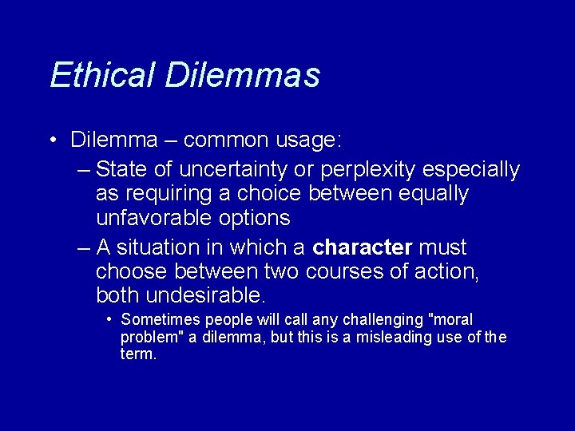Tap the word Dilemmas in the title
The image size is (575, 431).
(243, 75)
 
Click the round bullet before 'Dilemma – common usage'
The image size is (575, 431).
(53, 140)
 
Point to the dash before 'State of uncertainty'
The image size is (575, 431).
(85, 170)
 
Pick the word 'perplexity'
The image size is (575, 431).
(377, 170)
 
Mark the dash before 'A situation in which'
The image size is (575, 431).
(85, 248)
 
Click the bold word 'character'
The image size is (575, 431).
(362, 247)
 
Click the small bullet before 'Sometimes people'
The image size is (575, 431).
(109, 320)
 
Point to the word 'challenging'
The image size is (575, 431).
(383, 320)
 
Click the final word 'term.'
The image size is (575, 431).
(138, 354)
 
